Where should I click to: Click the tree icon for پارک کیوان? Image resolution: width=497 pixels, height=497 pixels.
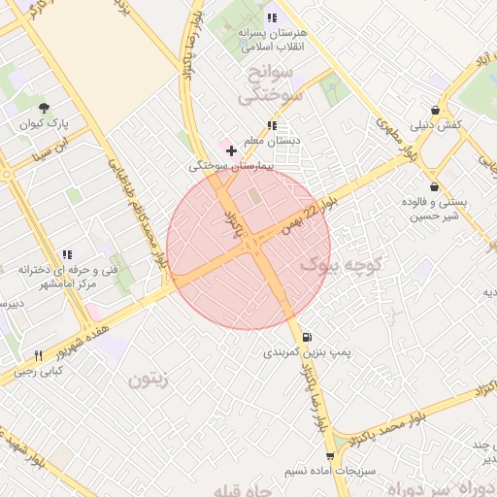[44, 107]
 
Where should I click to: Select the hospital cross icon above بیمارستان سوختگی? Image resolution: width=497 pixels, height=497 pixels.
[230, 150]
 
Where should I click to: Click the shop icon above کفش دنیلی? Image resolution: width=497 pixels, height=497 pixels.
[434, 111]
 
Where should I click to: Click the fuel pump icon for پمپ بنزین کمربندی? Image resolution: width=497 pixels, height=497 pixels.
[308, 337]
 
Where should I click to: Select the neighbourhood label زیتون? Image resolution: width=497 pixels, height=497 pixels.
[149, 379]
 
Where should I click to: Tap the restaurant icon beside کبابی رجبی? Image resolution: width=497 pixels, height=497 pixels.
[39, 355]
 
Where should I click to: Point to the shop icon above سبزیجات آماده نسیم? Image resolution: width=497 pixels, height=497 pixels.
[330, 455]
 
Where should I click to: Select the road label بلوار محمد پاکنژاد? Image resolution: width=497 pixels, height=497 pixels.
[388, 427]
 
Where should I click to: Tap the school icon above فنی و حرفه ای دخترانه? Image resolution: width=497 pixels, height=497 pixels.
[65, 254]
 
